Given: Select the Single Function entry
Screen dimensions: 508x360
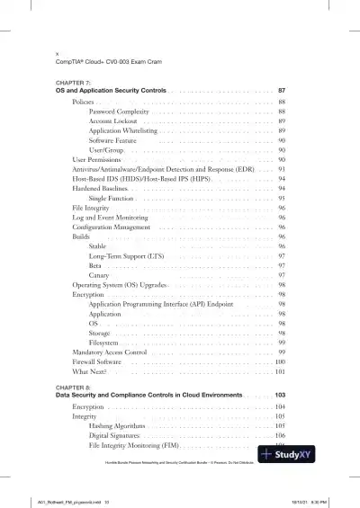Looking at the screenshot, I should (x=112, y=198).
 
